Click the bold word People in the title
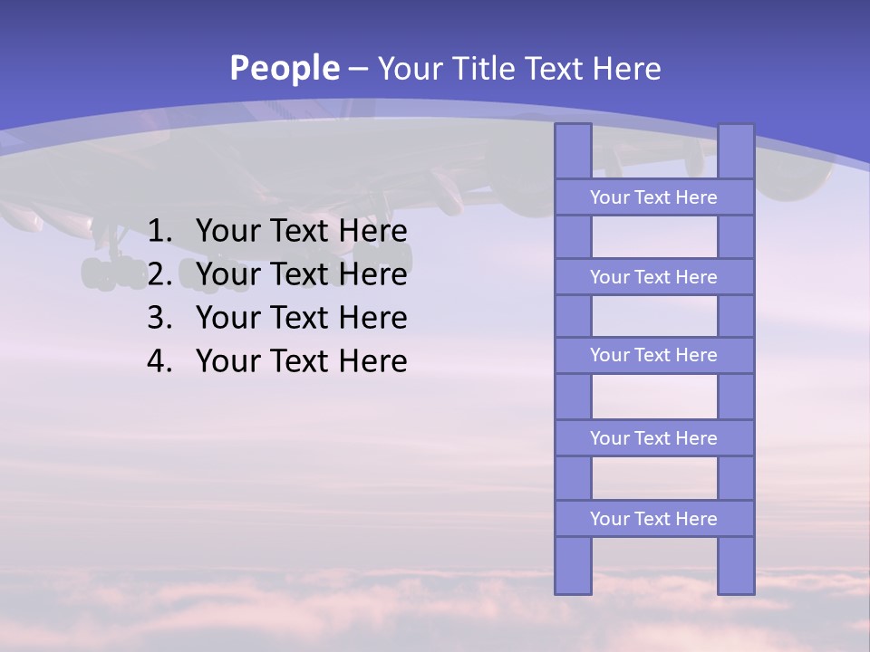point(285,68)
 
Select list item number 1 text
point(301,231)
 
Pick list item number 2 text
point(301,274)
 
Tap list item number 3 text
point(301,318)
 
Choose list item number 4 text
point(301,361)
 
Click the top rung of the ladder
point(653,197)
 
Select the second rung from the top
point(653,277)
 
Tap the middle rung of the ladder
point(653,355)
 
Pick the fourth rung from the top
point(653,438)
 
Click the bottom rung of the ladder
point(653,519)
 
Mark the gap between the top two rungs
point(653,237)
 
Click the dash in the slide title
point(358,69)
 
